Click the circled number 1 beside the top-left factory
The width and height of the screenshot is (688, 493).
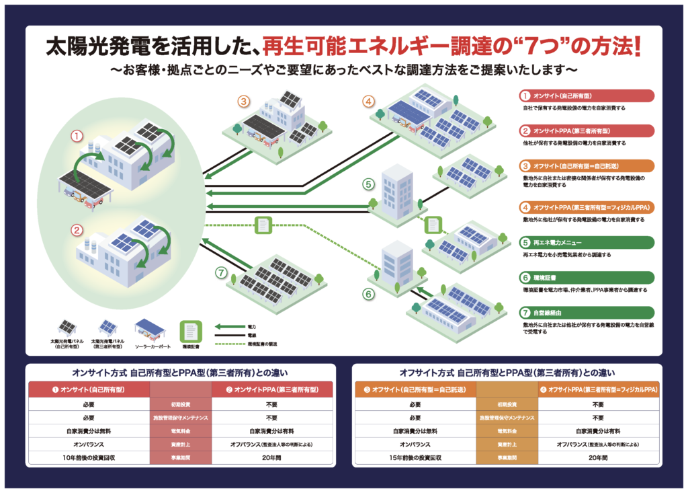pos(77,137)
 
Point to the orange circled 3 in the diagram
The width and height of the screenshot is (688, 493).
pos(243,102)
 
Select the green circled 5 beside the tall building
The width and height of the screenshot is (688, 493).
pos(368,183)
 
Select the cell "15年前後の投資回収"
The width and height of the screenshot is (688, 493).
pos(415,457)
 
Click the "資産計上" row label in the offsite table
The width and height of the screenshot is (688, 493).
pos(507,445)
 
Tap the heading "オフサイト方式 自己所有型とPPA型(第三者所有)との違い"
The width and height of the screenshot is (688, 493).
pos(507,372)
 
